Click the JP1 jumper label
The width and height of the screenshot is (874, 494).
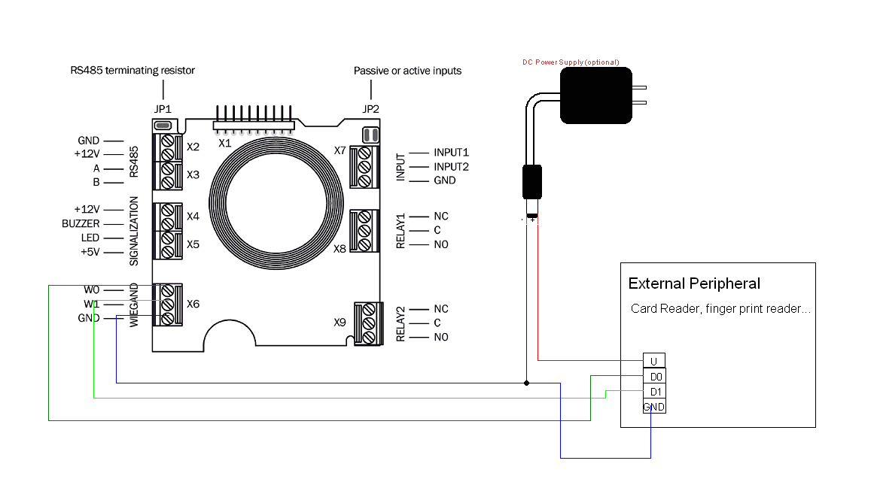tap(163, 109)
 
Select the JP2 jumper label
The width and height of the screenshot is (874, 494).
tap(370, 109)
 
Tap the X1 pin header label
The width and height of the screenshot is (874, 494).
tap(224, 143)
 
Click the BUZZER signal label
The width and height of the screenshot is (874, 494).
tap(81, 224)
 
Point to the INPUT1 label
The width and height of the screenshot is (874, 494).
tap(451, 153)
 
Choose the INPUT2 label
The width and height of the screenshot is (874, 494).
tap(451, 167)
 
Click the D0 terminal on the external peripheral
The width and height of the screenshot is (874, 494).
tap(654, 376)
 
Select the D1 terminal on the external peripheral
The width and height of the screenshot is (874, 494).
tap(654, 391)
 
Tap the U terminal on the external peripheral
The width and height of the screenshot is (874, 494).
tap(654, 361)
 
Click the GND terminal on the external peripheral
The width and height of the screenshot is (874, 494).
tap(654, 407)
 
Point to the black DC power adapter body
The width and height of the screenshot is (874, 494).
tap(596, 95)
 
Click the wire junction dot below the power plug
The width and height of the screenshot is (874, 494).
tap(526, 383)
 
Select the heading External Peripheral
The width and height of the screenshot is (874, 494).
tap(694, 283)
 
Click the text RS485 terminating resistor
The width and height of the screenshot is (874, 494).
tap(132, 70)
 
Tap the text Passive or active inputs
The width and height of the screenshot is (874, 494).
tap(407, 70)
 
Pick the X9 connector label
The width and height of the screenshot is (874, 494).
tap(340, 323)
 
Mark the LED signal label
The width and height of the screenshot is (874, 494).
tap(90, 238)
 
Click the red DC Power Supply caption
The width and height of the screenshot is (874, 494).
tap(571, 62)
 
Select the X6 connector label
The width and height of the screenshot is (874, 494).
tap(193, 304)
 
